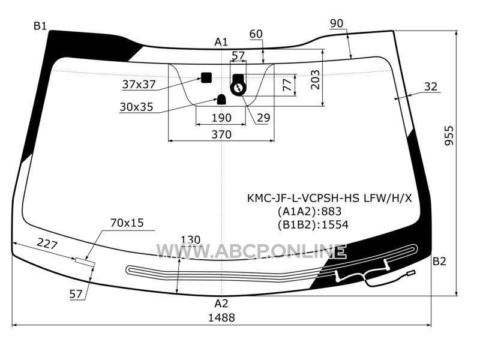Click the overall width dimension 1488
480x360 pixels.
[221, 317]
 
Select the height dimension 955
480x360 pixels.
[449, 136]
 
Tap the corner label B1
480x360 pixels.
[40, 26]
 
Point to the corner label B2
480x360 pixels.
[439, 262]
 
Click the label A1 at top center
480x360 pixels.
[221, 41]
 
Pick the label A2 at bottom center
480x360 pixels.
[221, 304]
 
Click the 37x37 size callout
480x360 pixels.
[139, 84]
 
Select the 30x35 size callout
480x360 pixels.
[136, 107]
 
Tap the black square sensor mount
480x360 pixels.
[206, 78]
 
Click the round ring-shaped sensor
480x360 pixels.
[238, 89]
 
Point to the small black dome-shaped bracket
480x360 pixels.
[221, 100]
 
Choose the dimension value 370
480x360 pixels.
[221, 134]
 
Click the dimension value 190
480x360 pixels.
[221, 118]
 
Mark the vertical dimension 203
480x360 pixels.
[316, 80]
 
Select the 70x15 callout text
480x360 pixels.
[127, 223]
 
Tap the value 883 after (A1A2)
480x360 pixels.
[332, 211]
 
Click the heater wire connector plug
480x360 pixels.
[411, 274]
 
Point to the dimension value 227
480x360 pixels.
[47, 244]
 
